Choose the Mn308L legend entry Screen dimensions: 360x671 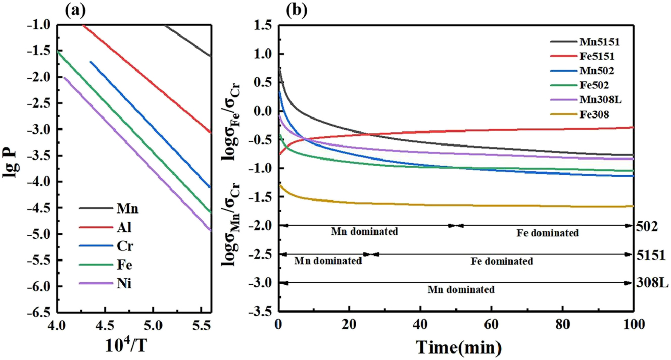(601, 98)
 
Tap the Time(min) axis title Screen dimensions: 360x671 (458, 347)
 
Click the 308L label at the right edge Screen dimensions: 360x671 (652, 283)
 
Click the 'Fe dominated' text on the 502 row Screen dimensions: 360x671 (548, 233)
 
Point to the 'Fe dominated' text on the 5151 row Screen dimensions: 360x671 (501, 262)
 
